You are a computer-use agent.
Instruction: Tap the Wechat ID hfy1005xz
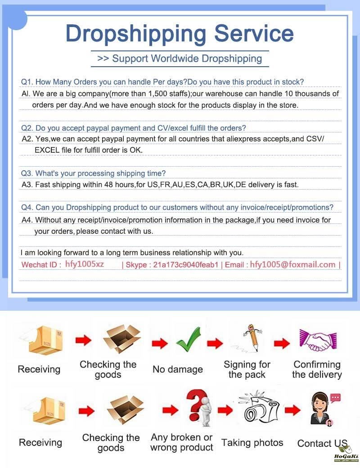pyautogui.click(x=85, y=264)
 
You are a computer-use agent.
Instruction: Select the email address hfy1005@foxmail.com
pyautogui.click(x=292, y=264)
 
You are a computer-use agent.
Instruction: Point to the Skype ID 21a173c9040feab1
pyautogui.click(x=185, y=265)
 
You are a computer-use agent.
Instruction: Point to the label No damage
pyautogui.click(x=177, y=369)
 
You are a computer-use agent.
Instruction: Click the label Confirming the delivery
pyautogui.click(x=317, y=369)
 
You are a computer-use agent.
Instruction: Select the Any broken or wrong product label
pyautogui.click(x=182, y=442)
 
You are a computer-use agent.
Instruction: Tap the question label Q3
pyautogui.click(x=27, y=173)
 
